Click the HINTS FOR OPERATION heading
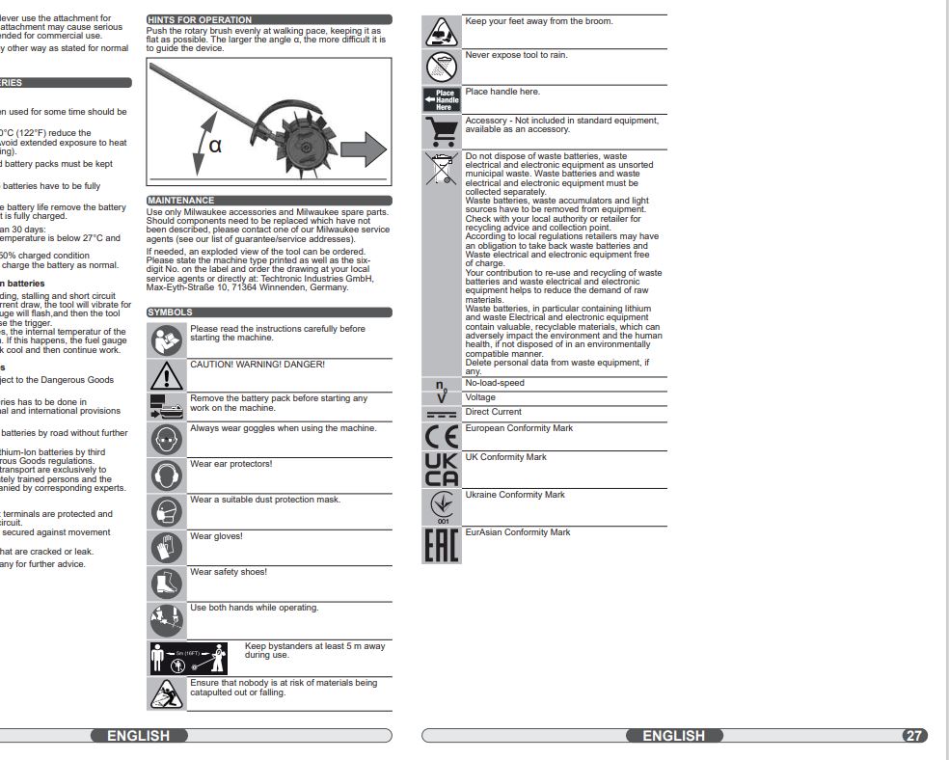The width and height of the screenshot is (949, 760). tap(200, 19)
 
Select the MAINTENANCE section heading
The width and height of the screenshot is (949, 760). tap(180, 201)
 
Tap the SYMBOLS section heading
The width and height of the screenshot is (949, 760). tap(170, 312)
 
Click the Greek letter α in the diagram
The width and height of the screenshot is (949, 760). tap(215, 146)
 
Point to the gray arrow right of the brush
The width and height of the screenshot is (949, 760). tap(363, 148)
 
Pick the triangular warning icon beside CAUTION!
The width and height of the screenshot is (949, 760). tap(166, 375)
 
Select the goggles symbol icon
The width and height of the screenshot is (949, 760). tap(166, 440)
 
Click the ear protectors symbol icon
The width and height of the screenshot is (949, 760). tap(166, 475)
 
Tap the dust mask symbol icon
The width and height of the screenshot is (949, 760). tap(166, 510)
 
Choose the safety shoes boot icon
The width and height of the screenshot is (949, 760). tap(166, 583)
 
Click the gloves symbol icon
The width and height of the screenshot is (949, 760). tap(166, 547)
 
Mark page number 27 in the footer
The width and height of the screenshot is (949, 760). tap(914, 736)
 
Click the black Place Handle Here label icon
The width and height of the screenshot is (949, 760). tap(443, 100)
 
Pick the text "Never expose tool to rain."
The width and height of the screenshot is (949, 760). tap(516, 56)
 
